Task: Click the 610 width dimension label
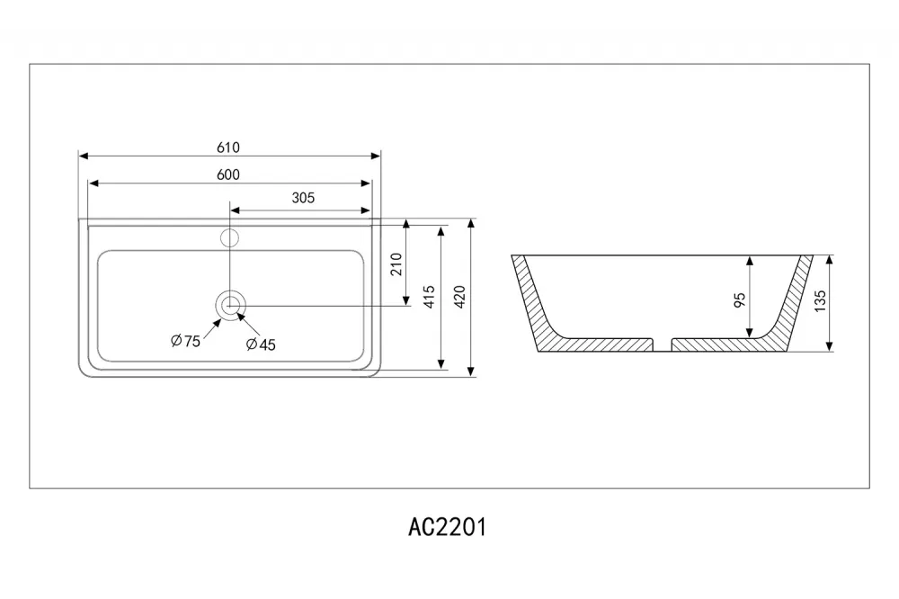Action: pos(228,148)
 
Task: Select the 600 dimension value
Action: pos(228,174)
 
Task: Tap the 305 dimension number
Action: pos(303,198)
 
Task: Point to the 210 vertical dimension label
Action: pos(396,264)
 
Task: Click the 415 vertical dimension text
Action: pos(430,297)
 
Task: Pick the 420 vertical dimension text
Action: pos(459,297)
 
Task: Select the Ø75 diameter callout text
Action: pos(186,341)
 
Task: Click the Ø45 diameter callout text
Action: pos(261,344)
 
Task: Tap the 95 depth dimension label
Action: pos(740,299)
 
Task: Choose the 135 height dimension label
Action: pos(821,301)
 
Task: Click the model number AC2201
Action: pos(447,527)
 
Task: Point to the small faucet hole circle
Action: pos(230,237)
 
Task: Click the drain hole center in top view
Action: pos(230,305)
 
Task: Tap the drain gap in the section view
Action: pos(663,344)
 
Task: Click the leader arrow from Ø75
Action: pos(211,330)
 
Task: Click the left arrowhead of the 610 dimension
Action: pos(84,156)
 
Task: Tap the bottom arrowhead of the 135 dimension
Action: pos(829,346)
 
